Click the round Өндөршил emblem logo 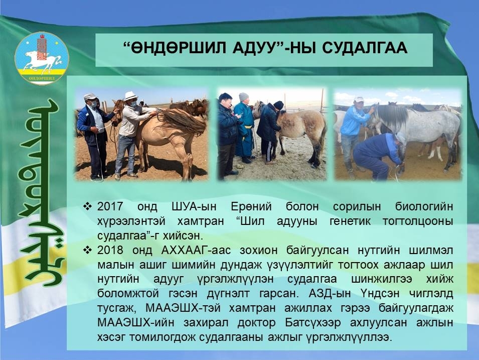[x=42, y=58]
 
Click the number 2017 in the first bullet [x=110, y=206]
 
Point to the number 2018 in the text [x=110, y=250]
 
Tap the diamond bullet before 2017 [x=88, y=206]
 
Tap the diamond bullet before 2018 [x=88, y=250]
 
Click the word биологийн [x=424, y=206]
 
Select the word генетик [x=350, y=221]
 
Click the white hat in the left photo [x=131, y=96]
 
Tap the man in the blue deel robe [x=244, y=128]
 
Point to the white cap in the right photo [x=359, y=99]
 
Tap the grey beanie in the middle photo [x=243, y=96]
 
